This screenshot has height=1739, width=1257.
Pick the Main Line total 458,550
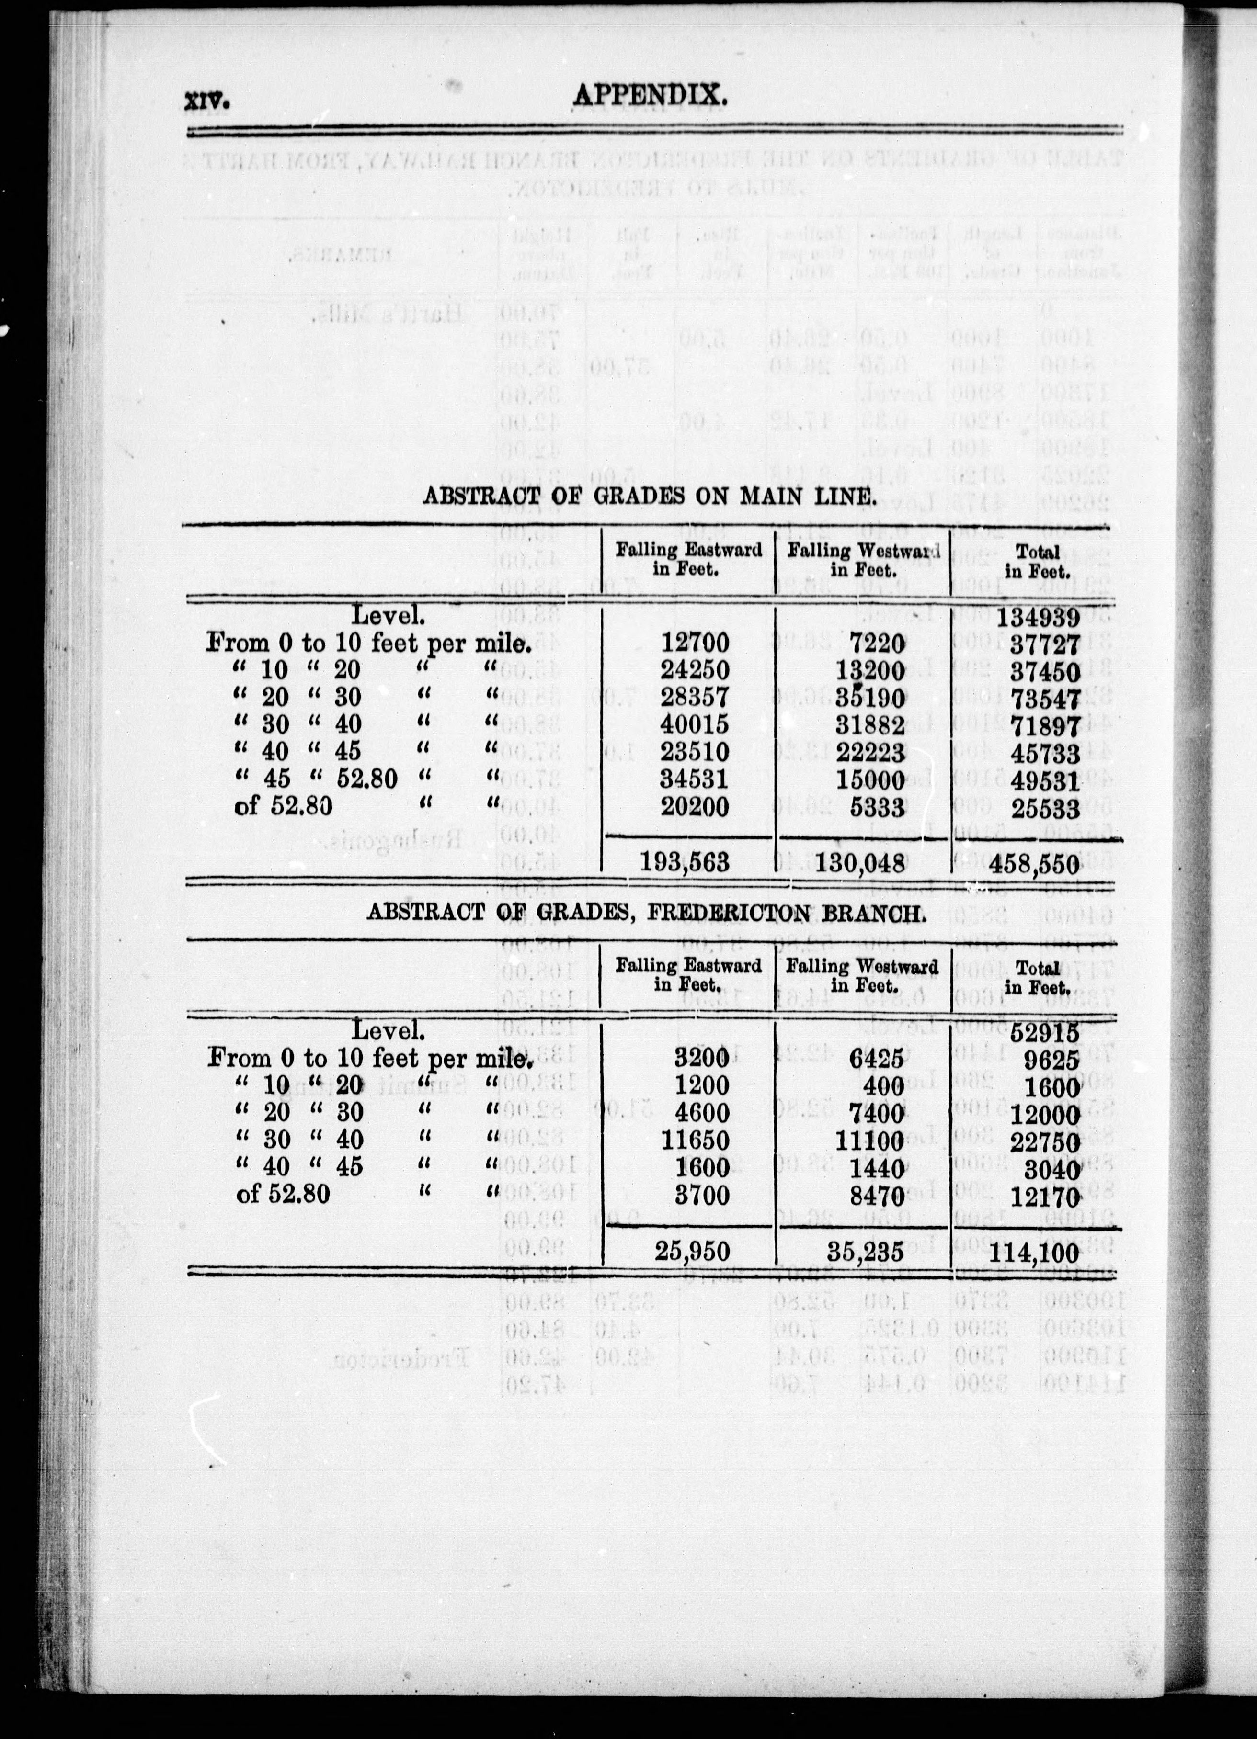tap(1040, 863)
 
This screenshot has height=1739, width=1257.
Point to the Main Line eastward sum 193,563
tap(686, 863)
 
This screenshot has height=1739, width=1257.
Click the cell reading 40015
tap(695, 724)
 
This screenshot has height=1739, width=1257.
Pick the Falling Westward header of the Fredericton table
tap(863, 974)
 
